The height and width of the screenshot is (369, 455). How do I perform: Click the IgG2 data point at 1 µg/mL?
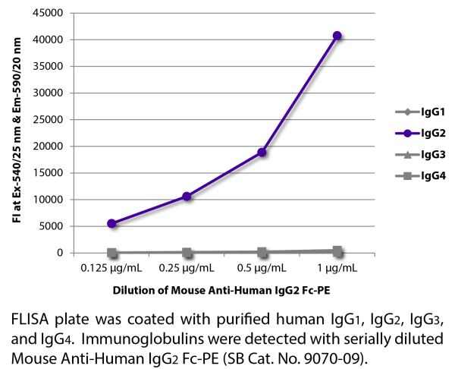coord(337,36)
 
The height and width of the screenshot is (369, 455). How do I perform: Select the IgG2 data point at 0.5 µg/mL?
coord(262,152)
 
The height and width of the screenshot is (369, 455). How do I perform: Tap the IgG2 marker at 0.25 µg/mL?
coord(187,197)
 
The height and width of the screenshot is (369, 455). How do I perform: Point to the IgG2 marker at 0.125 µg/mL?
coord(112,223)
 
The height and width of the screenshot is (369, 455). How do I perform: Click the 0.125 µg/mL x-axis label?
coord(112,267)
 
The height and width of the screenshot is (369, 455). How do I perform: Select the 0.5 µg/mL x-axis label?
coord(262,267)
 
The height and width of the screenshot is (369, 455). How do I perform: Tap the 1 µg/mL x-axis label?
coord(337,267)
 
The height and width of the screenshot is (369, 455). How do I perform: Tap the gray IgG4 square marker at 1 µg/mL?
coord(337,251)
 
